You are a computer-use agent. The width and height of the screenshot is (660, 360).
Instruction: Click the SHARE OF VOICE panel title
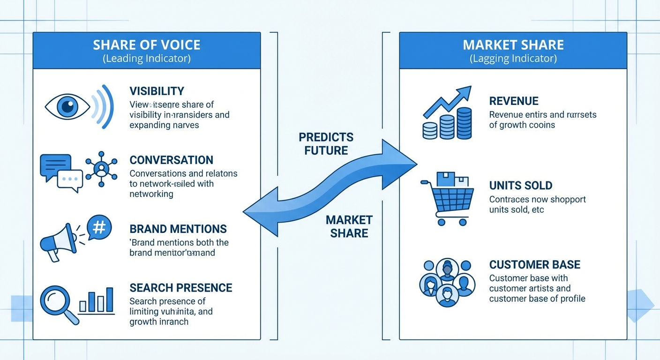coord(146,45)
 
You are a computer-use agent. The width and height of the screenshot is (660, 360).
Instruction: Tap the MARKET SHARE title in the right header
coord(513,45)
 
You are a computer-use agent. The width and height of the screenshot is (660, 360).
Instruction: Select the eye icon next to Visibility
coord(67,107)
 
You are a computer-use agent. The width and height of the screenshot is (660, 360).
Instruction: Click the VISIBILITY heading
coord(157,91)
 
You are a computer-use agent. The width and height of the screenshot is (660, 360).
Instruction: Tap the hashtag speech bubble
coord(99,227)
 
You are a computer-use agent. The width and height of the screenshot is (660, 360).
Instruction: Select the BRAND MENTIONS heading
coord(178,229)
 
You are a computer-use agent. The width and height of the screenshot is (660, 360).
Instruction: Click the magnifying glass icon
coord(58,303)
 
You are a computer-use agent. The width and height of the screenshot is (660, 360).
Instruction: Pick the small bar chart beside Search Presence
coord(97,300)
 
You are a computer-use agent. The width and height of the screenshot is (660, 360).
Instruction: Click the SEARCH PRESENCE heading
coord(180,287)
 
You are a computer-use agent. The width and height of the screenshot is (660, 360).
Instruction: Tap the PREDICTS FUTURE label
coord(326,144)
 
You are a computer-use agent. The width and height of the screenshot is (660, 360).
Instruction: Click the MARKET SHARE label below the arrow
coord(349,226)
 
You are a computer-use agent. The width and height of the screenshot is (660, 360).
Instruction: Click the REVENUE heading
coord(514,101)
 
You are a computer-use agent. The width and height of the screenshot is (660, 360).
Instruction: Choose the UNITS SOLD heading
coord(520,185)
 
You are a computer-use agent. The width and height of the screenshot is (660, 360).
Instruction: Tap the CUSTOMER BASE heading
coord(534,264)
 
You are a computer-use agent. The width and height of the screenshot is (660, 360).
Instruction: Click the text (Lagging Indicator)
coord(513,59)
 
